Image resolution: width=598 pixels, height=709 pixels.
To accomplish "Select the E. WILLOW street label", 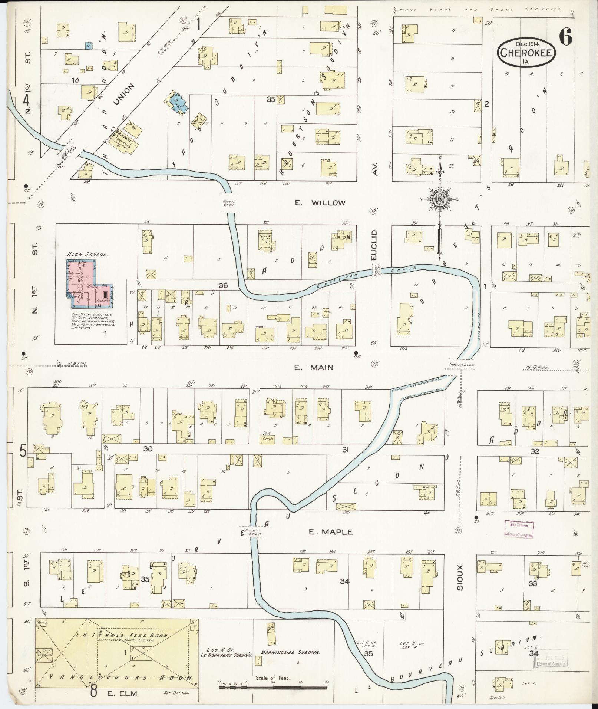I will [320, 203].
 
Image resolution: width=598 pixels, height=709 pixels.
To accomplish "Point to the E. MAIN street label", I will [314, 367].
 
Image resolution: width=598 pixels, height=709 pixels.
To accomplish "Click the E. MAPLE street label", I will [331, 532].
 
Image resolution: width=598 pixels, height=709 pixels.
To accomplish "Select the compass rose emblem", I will [440, 200].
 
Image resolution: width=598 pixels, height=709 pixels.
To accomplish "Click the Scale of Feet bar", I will [274, 687].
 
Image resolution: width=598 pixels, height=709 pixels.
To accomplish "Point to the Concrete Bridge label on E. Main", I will [462, 365].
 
